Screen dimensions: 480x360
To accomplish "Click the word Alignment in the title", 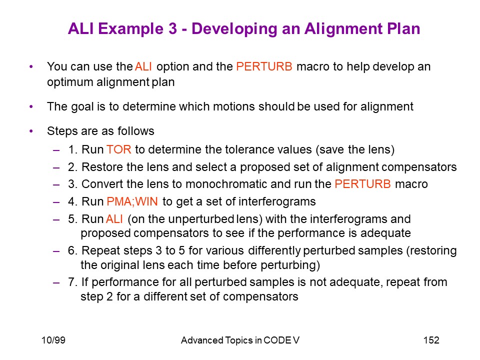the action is pos(343,29).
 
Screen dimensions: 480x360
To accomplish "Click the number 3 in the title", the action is pos(172,29).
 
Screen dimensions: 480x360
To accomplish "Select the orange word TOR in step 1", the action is pos(119,149).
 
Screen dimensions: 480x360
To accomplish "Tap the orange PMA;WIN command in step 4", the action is pos(132,201).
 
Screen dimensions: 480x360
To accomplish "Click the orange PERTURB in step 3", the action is pos(363,184).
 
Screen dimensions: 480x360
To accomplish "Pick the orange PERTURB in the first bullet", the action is pos(264,66).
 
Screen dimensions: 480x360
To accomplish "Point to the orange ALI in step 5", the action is pos(114,219).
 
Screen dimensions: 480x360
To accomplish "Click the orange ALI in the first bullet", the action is pos(143,66).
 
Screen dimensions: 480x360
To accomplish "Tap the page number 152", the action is pos(431,340).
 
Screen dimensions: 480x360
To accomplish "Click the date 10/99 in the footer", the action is pos(53,340).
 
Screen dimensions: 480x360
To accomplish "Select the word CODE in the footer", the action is pos(277,340).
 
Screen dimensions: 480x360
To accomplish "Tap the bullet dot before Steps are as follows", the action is pos(31,131).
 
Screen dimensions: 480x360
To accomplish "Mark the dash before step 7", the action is pos(56,282).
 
